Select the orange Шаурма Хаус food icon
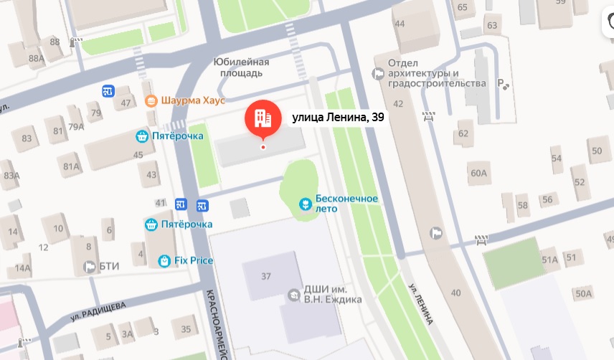(x=151, y=101)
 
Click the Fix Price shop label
(x=194, y=260)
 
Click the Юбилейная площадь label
(x=242, y=67)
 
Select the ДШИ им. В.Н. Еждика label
(x=333, y=294)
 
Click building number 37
(x=268, y=277)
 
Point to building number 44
(x=400, y=24)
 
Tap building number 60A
(x=478, y=173)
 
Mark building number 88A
(x=36, y=58)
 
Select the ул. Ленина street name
(x=422, y=301)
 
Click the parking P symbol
(x=503, y=84)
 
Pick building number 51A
(x=549, y=260)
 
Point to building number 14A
(x=23, y=269)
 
